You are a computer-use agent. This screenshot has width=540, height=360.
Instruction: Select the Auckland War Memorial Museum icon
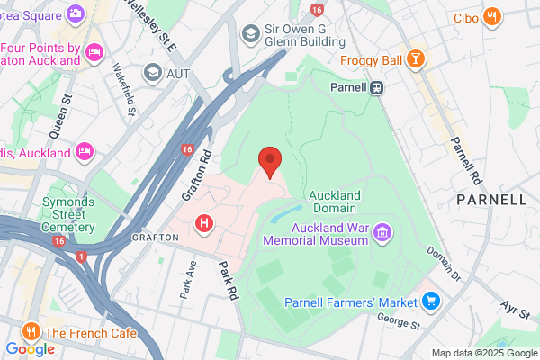pyautogui.click(x=383, y=233)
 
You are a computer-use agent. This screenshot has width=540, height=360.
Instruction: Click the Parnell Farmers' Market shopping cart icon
pyautogui.click(x=431, y=301)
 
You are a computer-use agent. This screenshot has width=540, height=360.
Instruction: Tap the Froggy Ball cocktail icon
pyautogui.click(x=415, y=60)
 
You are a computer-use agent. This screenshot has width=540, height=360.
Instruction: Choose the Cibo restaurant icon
pyautogui.click(x=491, y=16)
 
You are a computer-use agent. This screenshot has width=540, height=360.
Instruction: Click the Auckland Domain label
pyautogui.click(x=335, y=202)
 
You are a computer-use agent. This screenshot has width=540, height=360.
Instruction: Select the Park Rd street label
pyautogui.click(x=228, y=280)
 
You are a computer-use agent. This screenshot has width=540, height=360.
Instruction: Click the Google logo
pyautogui.click(x=30, y=348)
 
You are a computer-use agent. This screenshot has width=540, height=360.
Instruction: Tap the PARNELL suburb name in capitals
pyautogui.click(x=490, y=199)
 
